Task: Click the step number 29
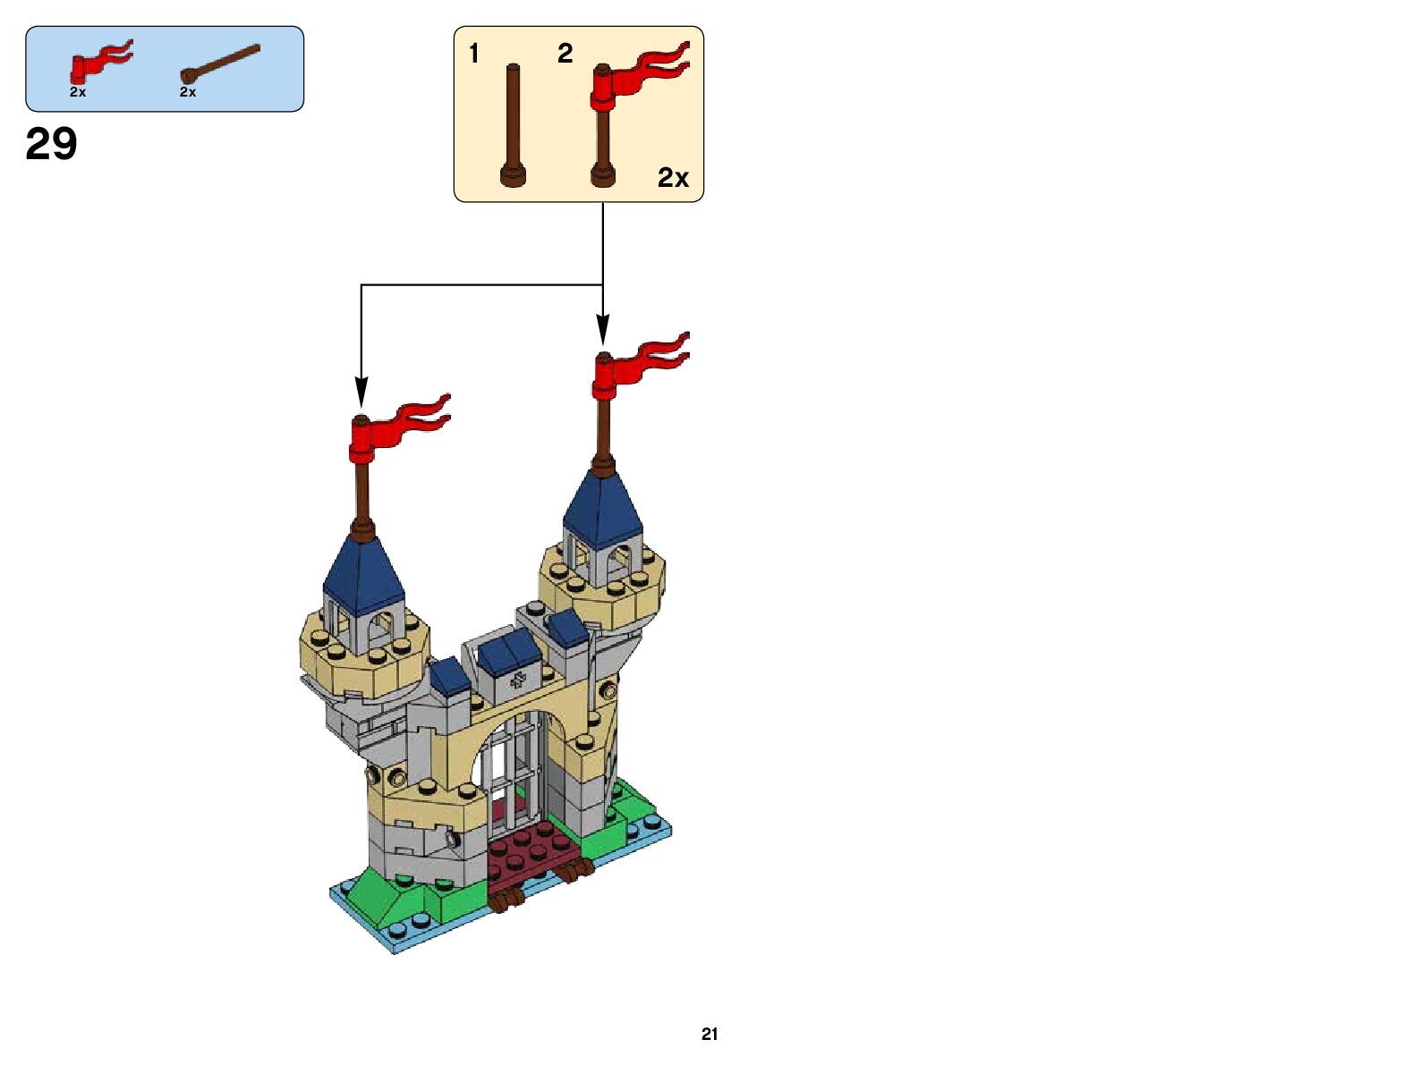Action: [52, 144]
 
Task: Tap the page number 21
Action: [710, 1034]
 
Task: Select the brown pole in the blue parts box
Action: [220, 63]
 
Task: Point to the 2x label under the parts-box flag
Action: [78, 92]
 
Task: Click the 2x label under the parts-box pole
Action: [188, 92]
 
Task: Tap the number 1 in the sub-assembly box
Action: [474, 54]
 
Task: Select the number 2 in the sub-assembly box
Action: [565, 54]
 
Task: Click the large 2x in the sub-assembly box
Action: [673, 178]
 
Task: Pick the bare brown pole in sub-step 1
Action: [513, 121]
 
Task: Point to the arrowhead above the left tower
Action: [361, 393]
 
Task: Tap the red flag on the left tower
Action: [395, 427]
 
